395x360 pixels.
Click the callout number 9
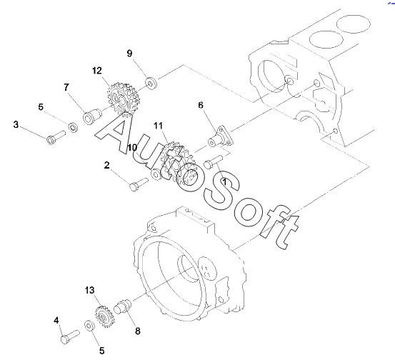[129, 54]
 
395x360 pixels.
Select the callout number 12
[97, 71]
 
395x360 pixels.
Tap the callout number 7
[66, 87]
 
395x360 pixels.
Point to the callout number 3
[16, 124]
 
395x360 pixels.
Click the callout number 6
[201, 105]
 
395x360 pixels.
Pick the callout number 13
[90, 290]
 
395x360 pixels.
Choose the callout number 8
[138, 331]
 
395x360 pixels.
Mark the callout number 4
[56, 321]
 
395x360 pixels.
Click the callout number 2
[107, 165]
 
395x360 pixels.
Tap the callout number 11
[158, 126]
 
